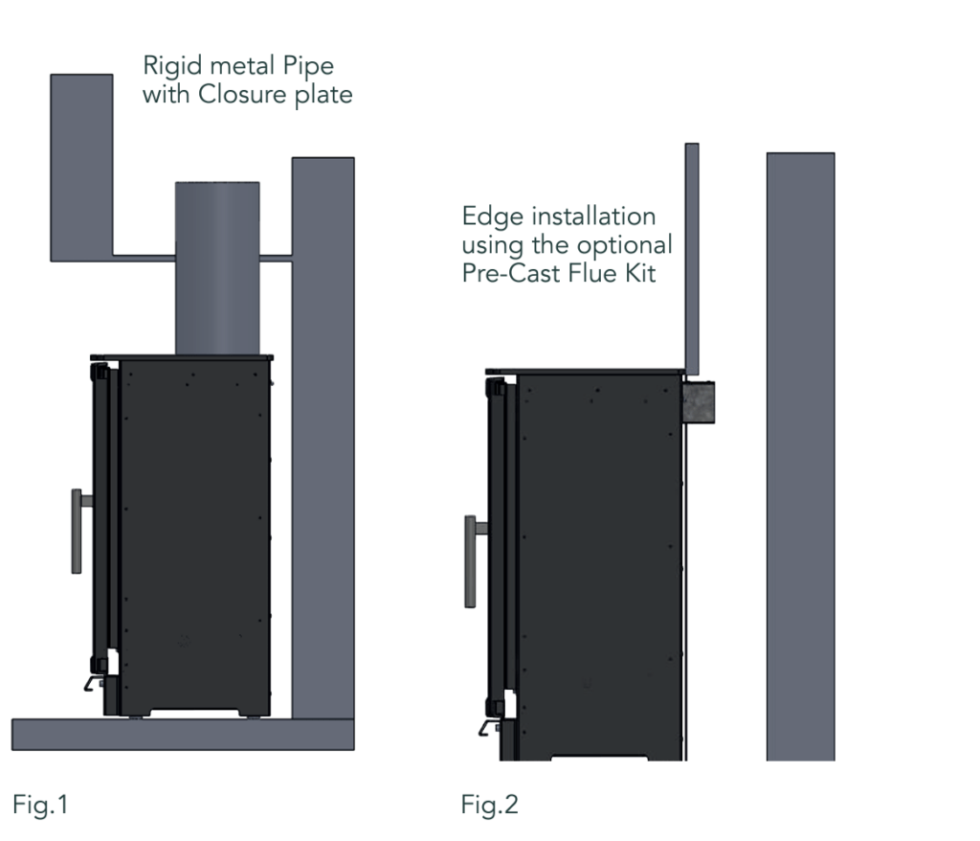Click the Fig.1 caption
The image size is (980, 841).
pos(40,805)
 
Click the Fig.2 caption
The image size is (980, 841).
pos(489,805)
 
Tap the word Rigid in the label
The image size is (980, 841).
pos(168,67)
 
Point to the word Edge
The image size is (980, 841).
pos(486,216)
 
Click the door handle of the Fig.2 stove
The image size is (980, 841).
pos(471,560)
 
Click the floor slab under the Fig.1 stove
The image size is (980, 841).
pos(182,734)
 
